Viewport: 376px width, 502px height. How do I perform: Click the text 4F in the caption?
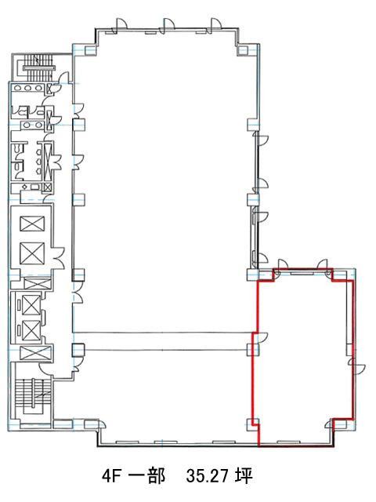click(x=111, y=476)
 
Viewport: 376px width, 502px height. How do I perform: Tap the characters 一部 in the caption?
click(x=146, y=476)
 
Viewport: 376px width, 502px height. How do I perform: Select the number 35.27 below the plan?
click(x=207, y=476)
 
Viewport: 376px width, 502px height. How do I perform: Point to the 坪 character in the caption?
click(x=244, y=476)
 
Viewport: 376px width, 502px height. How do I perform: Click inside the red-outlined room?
click(x=304, y=355)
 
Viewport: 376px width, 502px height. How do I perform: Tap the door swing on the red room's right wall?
click(x=358, y=366)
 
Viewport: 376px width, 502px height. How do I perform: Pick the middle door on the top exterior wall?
click(x=168, y=25)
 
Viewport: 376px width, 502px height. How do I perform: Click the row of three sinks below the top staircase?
click(x=28, y=88)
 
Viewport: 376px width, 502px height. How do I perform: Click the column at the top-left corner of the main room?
click(x=90, y=50)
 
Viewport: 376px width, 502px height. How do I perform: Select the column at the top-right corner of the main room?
click(x=242, y=50)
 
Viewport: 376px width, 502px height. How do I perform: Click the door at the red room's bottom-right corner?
click(x=329, y=424)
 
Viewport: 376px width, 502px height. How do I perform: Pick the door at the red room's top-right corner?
click(x=326, y=267)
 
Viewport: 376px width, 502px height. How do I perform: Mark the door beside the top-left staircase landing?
click(x=64, y=78)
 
